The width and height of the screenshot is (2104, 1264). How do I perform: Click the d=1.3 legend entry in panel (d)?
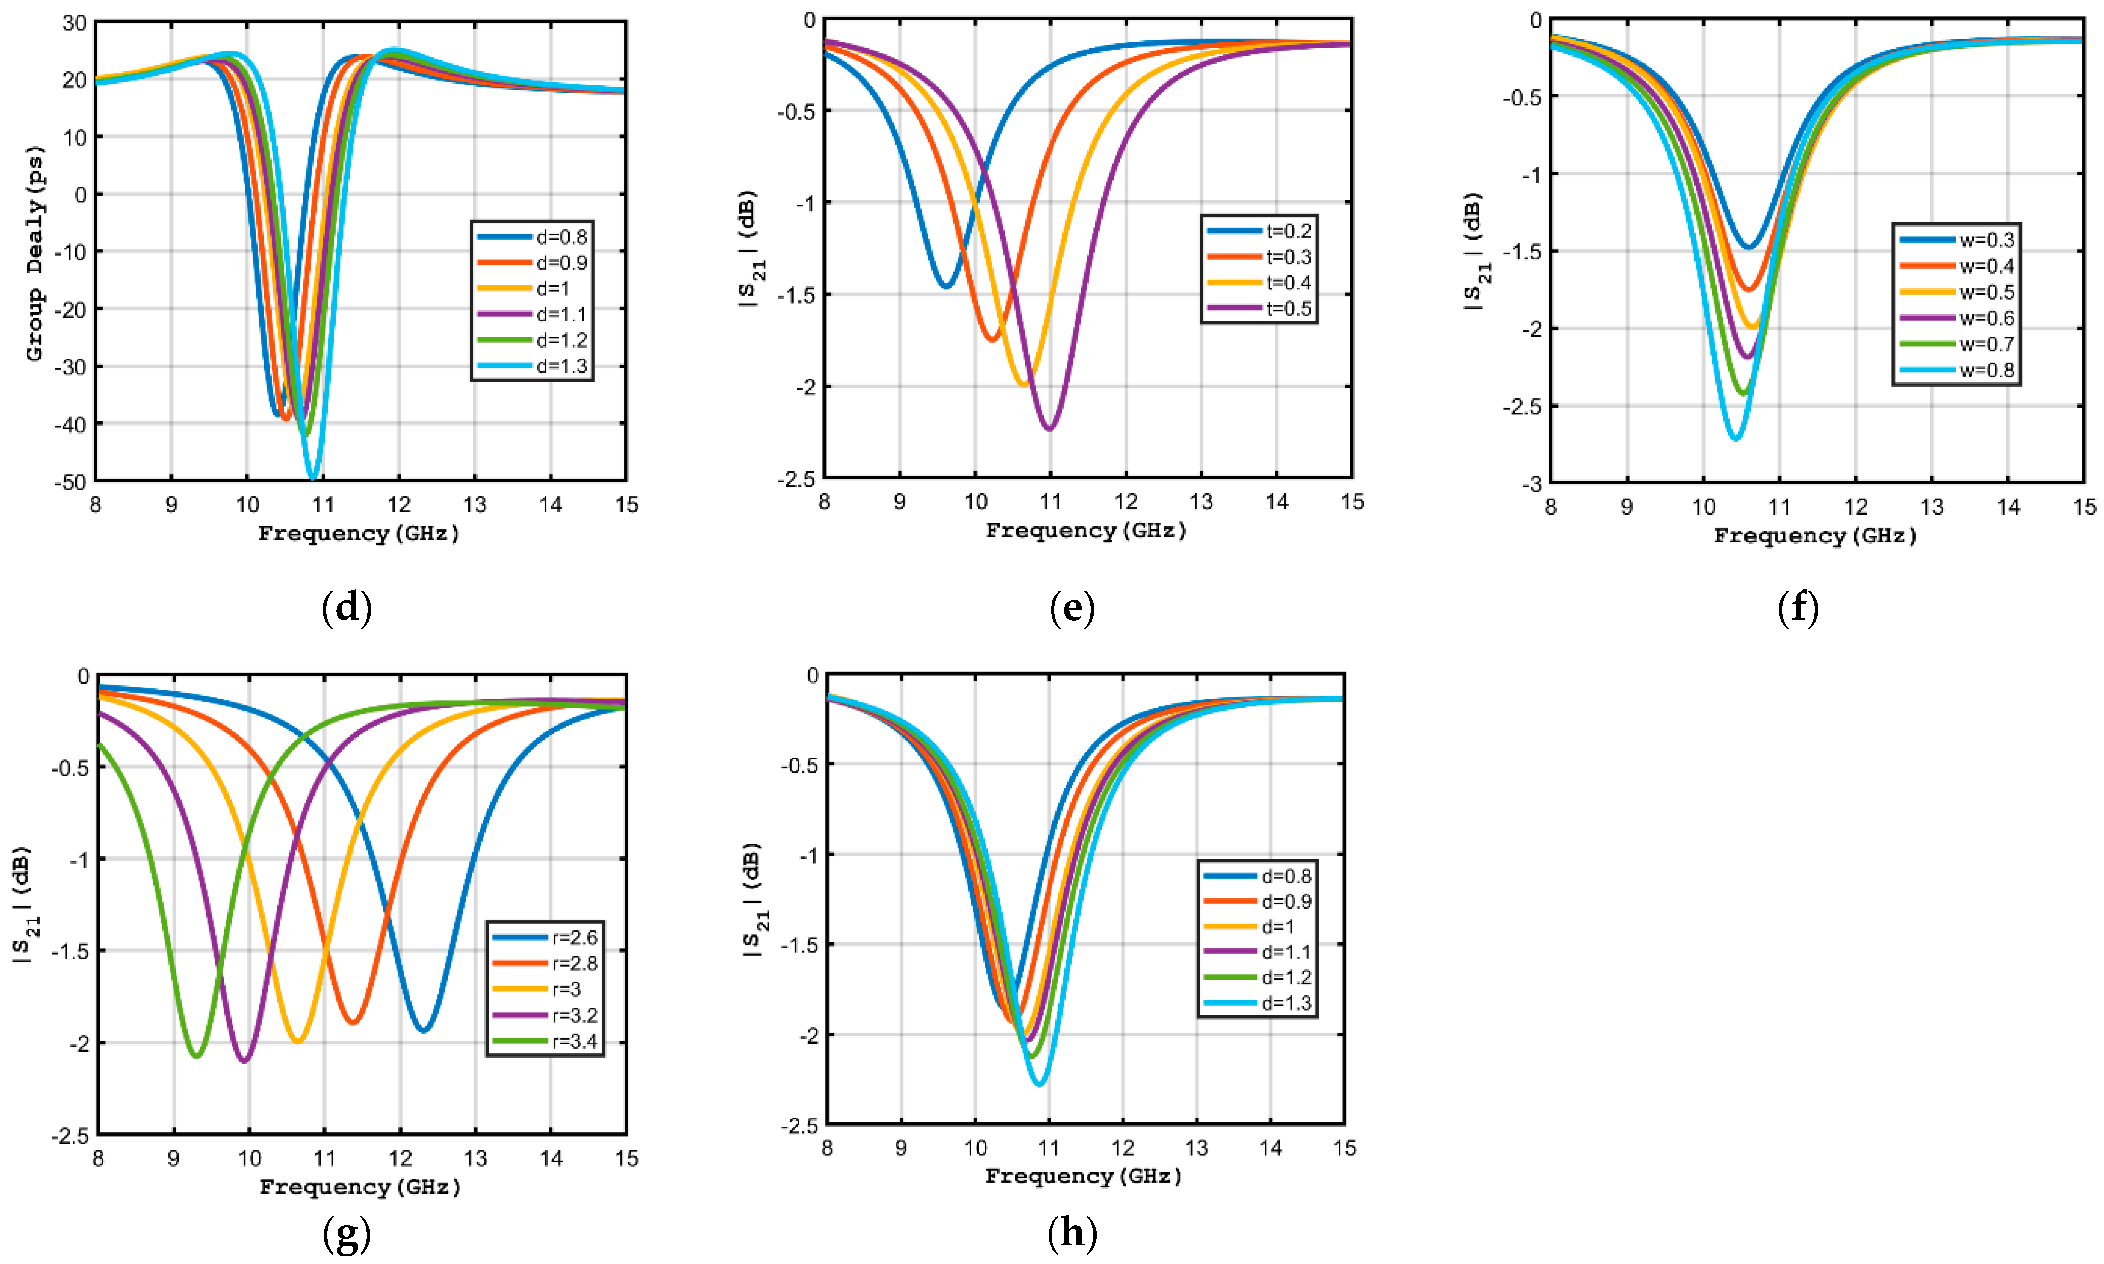click(532, 366)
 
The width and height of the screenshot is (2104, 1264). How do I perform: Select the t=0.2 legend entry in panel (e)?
click(1260, 231)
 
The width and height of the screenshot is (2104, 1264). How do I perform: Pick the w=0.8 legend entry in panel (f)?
click(1957, 370)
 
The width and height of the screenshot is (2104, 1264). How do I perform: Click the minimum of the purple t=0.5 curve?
click(1049, 428)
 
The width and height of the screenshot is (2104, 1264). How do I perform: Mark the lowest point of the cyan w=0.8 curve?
click(1735, 439)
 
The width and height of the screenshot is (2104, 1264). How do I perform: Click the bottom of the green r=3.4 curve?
click(197, 1056)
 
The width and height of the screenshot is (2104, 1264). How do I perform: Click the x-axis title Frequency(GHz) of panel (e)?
click(1085, 531)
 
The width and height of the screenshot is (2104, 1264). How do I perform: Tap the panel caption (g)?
click(347, 1233)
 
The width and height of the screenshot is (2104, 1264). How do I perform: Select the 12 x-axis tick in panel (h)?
click(1123, 1148)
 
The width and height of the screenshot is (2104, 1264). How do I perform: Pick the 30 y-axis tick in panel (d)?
click(75, 23)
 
